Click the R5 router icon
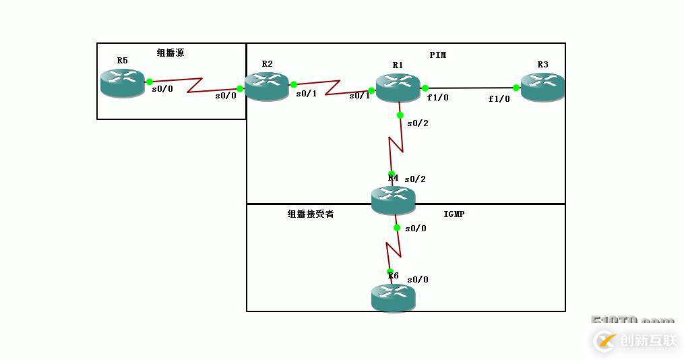122,82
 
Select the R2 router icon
266,86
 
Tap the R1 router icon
398,88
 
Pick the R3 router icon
542,87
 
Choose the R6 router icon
393,297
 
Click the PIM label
438,55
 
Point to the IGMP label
454,214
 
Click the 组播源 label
170,53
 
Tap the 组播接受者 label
311,214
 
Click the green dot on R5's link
149,82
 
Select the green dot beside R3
516,88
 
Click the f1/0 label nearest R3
499,99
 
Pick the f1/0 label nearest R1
437,98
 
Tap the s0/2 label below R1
417,123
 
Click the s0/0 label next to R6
417,280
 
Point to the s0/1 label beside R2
306,94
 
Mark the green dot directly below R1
400,115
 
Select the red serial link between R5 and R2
195,84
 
